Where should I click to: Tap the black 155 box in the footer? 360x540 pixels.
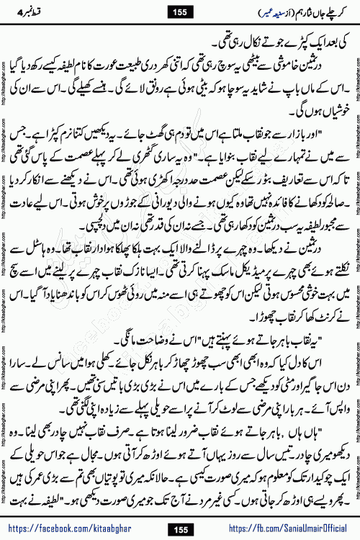pyautogui.click(x=179, y=527)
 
